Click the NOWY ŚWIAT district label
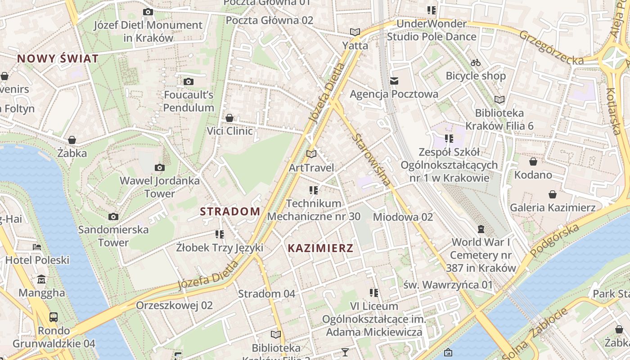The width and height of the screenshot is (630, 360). click(58, 58)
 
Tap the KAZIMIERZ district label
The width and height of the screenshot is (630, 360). click(320, 248)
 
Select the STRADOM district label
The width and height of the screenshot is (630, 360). click(230, 211)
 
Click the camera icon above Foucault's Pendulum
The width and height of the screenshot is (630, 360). click(189, 81)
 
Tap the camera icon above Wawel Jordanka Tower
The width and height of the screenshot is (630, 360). click(159, 168)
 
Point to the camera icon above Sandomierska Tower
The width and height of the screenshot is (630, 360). click(113, 216)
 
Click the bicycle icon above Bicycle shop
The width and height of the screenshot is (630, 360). click(476, 63)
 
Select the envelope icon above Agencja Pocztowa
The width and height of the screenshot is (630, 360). click(394, 81)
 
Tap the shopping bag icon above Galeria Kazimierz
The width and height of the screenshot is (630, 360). click(553, 194)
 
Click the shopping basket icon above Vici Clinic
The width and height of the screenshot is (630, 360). click(229, 118)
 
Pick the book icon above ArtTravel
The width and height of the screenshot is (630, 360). click(311, 154)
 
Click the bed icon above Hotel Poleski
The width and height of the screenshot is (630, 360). click(37, 247)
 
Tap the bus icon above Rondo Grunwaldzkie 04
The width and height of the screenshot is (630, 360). click(54, 317)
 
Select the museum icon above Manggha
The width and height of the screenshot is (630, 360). click(41, 279)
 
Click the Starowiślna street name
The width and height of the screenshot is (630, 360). click(371, 160)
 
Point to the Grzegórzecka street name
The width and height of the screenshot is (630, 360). click(551, 47)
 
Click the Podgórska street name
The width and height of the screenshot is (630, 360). click(555, 240)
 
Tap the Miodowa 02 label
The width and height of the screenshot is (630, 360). click(403, 217)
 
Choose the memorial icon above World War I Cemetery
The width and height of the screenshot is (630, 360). click(481, 229)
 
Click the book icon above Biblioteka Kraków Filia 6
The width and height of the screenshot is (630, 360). click(499, 99)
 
